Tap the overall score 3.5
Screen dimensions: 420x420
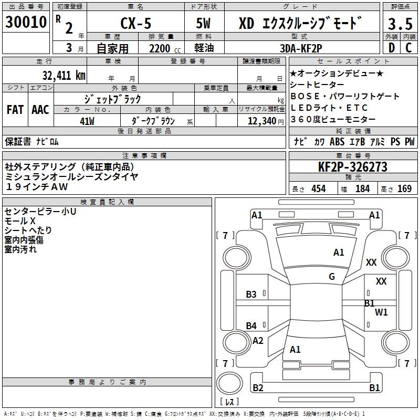point(400,24)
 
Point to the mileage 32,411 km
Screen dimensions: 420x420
point(64,75)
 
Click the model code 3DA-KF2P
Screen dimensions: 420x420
point(301,48)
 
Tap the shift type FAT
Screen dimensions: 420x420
point(15,110)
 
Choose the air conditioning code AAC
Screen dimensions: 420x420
point(40,110)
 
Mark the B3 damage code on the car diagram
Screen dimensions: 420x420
point(251,295)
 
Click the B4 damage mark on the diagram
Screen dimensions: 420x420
point(251,326)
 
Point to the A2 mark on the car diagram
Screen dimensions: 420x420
point(258,341)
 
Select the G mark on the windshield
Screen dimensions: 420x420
point(332,277)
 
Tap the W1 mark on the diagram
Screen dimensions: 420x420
point(381,312)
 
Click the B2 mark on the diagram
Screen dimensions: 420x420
point(258,388)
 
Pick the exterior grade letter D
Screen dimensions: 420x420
point(391,48)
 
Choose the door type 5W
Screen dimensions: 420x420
point(204,24)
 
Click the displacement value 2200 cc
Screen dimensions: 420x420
point(162,48)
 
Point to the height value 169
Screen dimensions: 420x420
point(404,189)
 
